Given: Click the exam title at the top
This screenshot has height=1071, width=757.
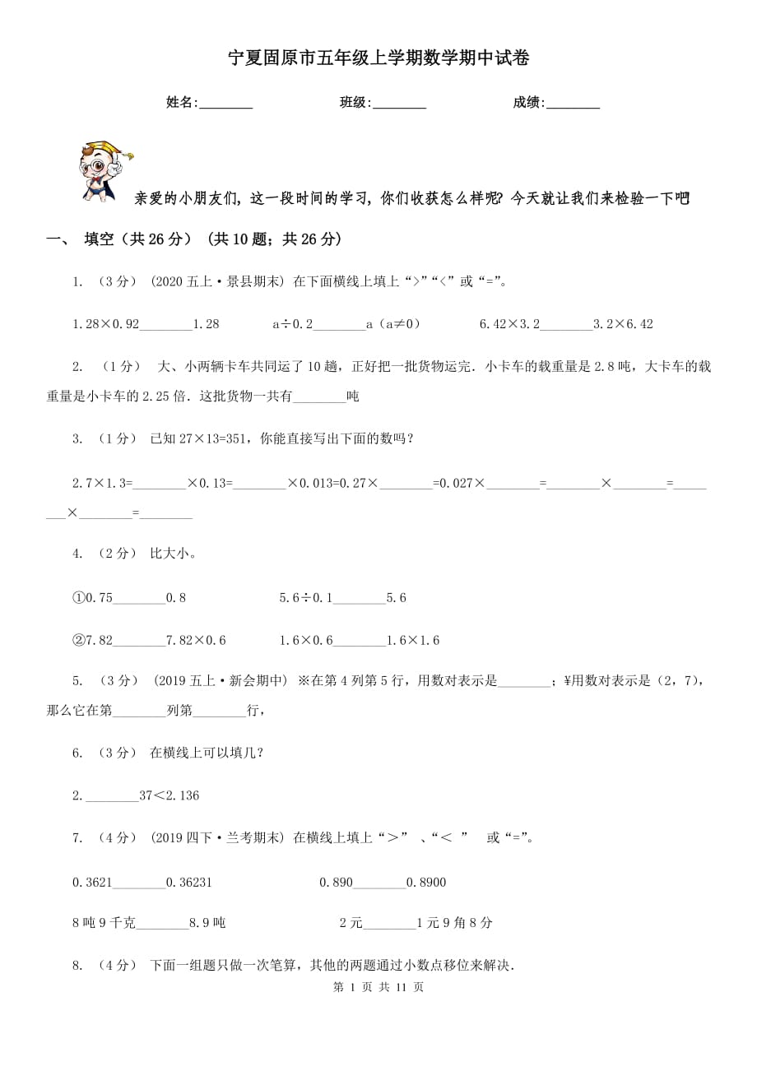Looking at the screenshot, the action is (x=378, y=58).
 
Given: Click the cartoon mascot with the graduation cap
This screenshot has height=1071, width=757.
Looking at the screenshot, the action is (x=104, y=169).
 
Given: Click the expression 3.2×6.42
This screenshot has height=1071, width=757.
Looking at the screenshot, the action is (x=623, y=324).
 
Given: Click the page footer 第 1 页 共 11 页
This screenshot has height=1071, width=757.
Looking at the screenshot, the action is (x=378, y=987).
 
